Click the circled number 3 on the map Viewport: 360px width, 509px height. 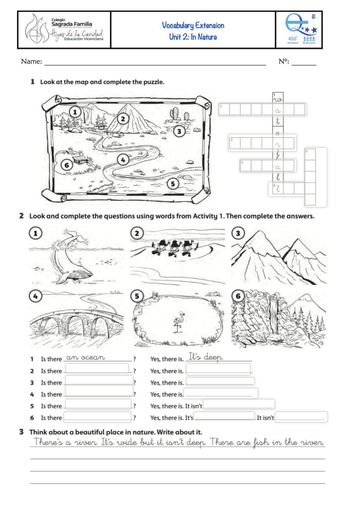(179, 131)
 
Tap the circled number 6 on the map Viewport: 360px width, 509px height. (67, 165)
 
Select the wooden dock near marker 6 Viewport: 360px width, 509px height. (80, 160)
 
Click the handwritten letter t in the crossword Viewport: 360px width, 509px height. (278, 121)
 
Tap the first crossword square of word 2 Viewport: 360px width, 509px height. (224, 110)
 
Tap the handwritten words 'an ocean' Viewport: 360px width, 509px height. (85, 358)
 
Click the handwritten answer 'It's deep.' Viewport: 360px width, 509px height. (206, 357)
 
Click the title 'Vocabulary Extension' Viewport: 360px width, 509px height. (193, 26)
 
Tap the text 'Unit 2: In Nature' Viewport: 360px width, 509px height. (193, 37)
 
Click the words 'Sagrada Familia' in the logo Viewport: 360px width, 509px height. (71, 24)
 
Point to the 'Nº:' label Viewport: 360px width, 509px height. (283, 61)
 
